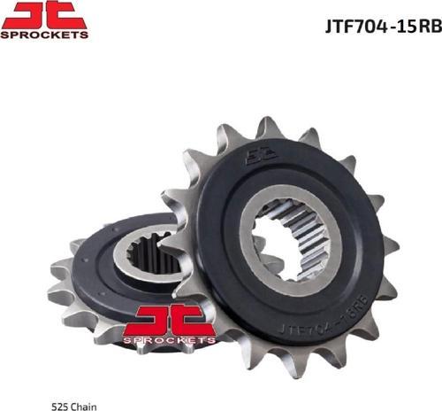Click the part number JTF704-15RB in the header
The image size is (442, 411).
(384, 27)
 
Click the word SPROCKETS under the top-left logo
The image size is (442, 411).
(44, 35)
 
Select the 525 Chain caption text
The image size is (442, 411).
(73, 407)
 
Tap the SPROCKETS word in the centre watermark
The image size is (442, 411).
(170, 340)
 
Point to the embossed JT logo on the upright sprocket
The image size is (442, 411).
(261, 156)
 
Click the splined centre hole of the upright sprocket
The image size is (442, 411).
(287, 241)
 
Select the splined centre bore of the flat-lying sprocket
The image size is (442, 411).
(153, 254)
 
